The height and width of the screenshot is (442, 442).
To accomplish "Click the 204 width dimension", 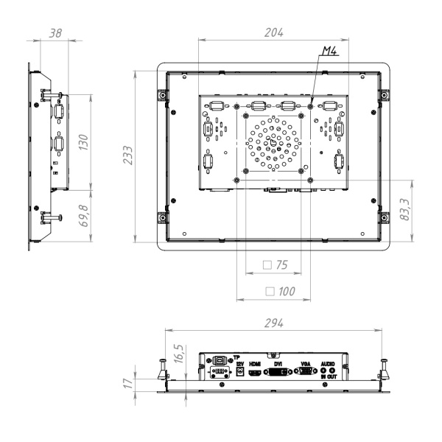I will click(276, 32).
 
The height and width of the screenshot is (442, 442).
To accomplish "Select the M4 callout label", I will click(330, 52).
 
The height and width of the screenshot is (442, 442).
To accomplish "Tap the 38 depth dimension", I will click(54, 33).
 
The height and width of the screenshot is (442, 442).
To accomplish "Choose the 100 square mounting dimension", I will click(279, 292).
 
